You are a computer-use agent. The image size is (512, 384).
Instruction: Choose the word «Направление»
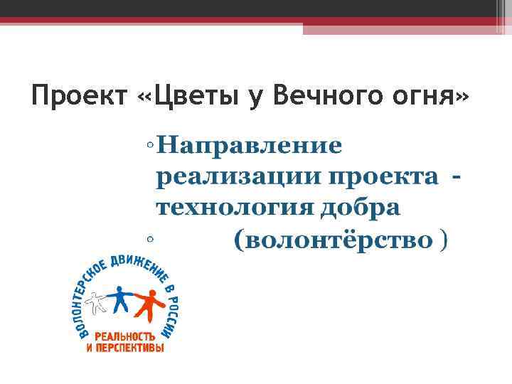tap(250, 146)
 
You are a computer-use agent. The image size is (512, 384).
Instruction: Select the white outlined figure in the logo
tap(97, 304)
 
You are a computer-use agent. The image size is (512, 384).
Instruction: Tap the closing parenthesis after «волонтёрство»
tap(444, 241)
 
